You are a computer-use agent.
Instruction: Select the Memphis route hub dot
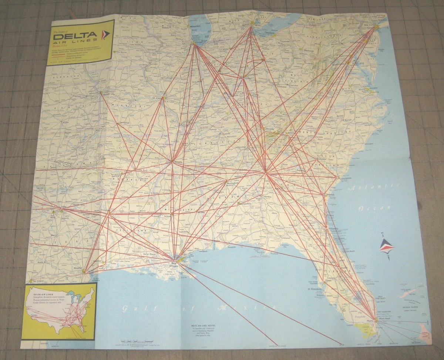(172, 162)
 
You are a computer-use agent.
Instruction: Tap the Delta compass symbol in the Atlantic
(386, 246)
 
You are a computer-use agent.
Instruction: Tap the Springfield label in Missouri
(124, 122)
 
